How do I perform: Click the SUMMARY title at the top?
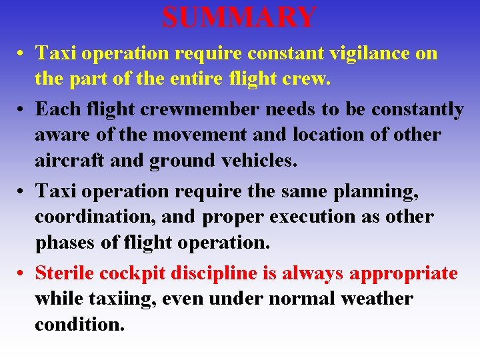click(239, 17)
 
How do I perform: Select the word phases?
click(65, 243)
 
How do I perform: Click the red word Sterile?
click(67, 273)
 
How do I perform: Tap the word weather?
click(377, 299)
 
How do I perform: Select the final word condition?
click(79, 325)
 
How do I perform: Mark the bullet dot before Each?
click(23, 109)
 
